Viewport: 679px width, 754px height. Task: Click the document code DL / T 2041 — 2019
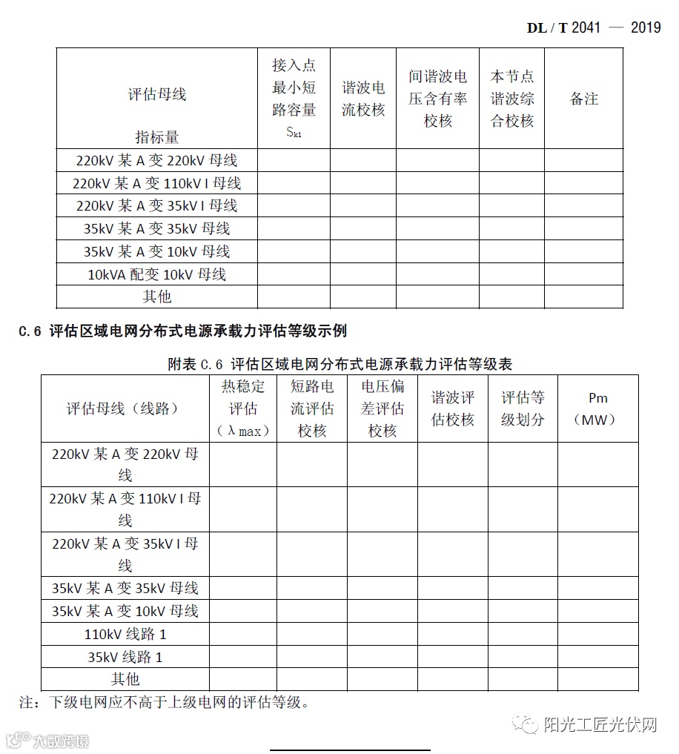pyautogui.click(x=593, y=27)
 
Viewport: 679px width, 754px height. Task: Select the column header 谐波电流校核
pyautogui.click(x=363, y=99)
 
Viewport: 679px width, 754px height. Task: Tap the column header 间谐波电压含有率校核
pyautogui.click(x=437, y=99)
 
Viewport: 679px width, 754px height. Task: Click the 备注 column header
pyautogui.click(x=583, y=99)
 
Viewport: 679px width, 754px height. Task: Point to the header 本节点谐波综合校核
pyautogui.click(x=511, y=99)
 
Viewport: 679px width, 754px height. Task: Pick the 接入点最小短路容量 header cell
pyautogui.click(x=294, y=99)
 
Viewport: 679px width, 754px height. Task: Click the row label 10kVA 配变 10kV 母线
pyautogui.click(x=156, y=274)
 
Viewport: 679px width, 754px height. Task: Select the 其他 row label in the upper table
pyautogui.click(x=156, y=297)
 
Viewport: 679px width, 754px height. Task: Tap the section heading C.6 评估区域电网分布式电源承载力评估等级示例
pyautogui.click(x=182, y=331)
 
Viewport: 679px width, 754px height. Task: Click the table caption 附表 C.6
pyautogui.click(x=339, y=364)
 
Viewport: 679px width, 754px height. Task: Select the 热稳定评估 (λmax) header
pyautogui.click(x=242, y=409)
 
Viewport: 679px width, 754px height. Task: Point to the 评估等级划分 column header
pyautogui.click(x=522, y=409)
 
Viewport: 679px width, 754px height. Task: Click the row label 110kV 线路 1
pyautogui.click(x=125, y=634)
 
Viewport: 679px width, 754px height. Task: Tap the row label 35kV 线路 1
pyautogui.click(x=125, y=657)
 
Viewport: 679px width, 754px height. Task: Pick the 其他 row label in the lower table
pyautogui.click(x=125, y=679)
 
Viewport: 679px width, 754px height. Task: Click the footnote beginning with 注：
pyautogui.click(x=163, y=701)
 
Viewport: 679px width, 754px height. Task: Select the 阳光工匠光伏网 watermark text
pyautogui.click(x=600, y=724)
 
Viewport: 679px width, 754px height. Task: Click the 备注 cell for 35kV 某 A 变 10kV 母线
pyautogui.click(x=583, y=251)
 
